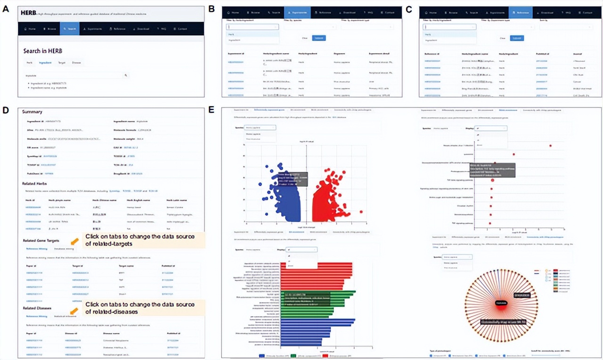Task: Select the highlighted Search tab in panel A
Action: [70, 29]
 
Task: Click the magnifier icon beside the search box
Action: [126, 75]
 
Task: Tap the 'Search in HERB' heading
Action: [43, 50]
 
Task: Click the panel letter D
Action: [6, 110]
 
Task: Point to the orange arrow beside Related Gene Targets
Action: [74, 241]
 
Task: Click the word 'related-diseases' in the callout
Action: [108, 312]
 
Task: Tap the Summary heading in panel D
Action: [32, 112]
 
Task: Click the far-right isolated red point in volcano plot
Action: [361, 212]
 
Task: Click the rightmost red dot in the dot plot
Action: [551, 146]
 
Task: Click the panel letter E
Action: [212, 110]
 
